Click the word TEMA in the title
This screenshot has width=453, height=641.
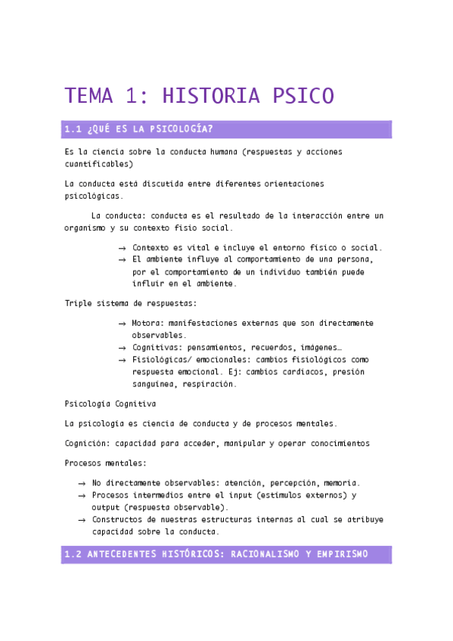click(x=88, y=96)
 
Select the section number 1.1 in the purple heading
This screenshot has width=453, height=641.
click(x=73, y=129)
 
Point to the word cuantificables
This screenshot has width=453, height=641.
click(x=99, y=163)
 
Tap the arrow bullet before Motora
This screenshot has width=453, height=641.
click(x=122, y=324)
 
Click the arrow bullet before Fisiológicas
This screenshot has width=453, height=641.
click(x=122, y=360)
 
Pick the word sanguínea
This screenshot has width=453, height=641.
click(x=154, y=383)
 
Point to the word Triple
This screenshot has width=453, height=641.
click(x=78, y=304)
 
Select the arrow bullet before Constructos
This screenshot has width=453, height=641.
click(x=82, y=520)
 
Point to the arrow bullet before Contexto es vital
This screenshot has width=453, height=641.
click(x=122, y=248)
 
